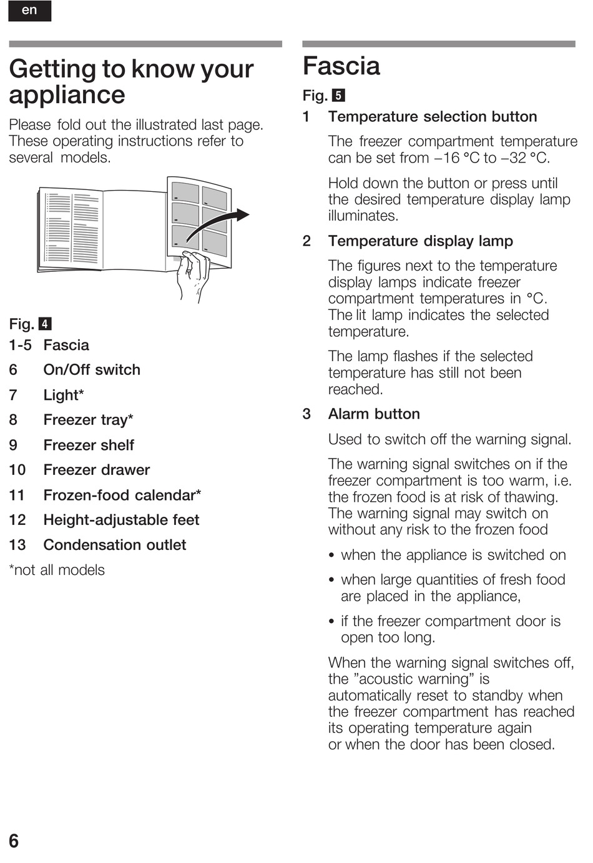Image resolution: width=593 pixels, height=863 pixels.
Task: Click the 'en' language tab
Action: tap(29, 11)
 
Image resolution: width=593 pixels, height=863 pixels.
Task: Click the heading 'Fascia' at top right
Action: tap(341, 66)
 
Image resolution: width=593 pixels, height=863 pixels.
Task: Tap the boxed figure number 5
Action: tap(338, 96)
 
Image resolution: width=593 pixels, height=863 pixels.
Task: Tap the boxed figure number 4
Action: tap(45, 324)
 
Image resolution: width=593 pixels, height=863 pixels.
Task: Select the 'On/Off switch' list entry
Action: tap(92, 370)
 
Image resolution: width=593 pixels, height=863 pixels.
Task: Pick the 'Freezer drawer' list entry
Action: tap(97, 470)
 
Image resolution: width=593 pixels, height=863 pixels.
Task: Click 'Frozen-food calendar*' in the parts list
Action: tap(122, 495)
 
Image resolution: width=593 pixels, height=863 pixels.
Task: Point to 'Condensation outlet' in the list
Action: tap(115, 545)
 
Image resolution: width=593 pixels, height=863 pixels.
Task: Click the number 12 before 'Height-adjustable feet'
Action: tap(17, 520)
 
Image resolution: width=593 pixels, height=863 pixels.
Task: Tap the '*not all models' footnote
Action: tap(57, 570)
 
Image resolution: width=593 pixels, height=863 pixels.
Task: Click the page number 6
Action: tap(14, 841)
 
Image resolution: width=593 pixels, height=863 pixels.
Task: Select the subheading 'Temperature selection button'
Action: tap(433, 117)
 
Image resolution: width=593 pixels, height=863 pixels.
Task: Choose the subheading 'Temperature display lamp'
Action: tap(421, 241)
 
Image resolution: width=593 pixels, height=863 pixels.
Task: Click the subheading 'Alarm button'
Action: tap(374, 414)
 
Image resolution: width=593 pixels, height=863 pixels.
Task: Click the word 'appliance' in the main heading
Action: tap(67, 96)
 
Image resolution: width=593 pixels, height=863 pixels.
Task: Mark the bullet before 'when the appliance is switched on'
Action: tap(333, 556)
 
